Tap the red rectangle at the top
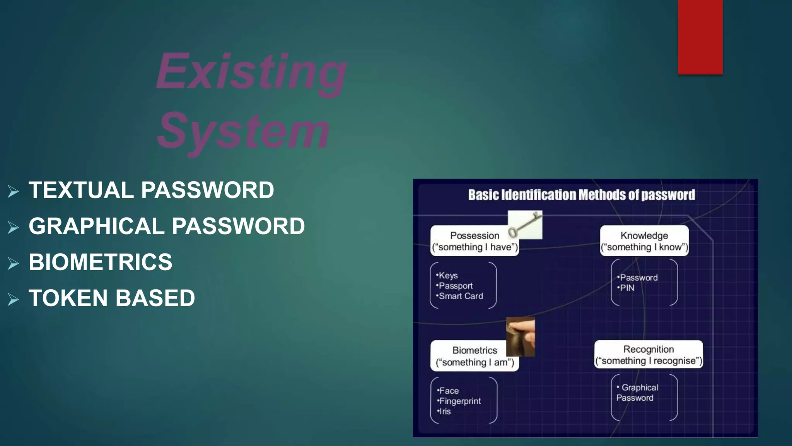tap(700, 37)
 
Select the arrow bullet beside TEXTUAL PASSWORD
tap(13, 191)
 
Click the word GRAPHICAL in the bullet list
tap(97, 226)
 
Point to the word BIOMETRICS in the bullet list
tap(101, 262)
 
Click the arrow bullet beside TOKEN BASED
tap(13, 299)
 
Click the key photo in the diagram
tap(525, 225)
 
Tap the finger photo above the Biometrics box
tap(521, 336)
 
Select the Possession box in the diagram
tap(475, 241)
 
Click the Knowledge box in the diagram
tap(644, 241)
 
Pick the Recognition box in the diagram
tap(649, 355)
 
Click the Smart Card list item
tap(461, 296)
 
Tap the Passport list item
tap(455, 286)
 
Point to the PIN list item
tap(626, 288)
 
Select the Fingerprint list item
tap(460, 401)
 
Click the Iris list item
tap(445, 412)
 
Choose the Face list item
tap(449, 391)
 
